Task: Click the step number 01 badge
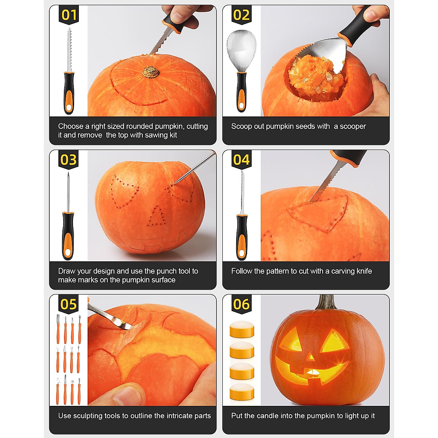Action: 69,15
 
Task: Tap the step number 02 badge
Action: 241,15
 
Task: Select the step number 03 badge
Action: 69,160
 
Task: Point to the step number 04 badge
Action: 241,160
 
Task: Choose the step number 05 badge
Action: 69,304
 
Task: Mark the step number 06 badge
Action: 241,304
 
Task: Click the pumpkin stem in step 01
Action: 151,72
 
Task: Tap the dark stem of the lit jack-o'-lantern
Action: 326,303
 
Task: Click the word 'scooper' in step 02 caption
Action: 353,126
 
